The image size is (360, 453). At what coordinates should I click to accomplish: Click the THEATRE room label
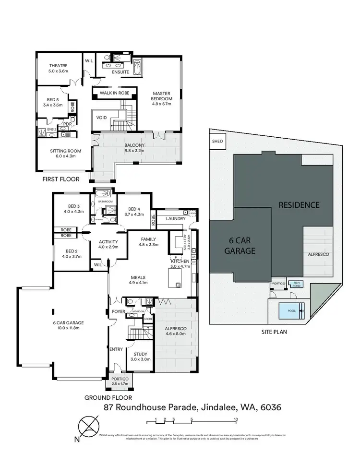point(58,66)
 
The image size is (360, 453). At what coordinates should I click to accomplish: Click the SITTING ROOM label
point(65,151)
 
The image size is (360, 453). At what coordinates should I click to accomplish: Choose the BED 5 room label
point(52,99)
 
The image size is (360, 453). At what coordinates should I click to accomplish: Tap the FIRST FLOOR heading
point(60,179)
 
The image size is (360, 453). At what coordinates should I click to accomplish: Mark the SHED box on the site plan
point(217,142)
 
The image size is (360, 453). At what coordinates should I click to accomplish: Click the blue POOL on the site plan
point(291,310)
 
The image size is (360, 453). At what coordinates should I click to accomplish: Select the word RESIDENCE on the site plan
point(299,205)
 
